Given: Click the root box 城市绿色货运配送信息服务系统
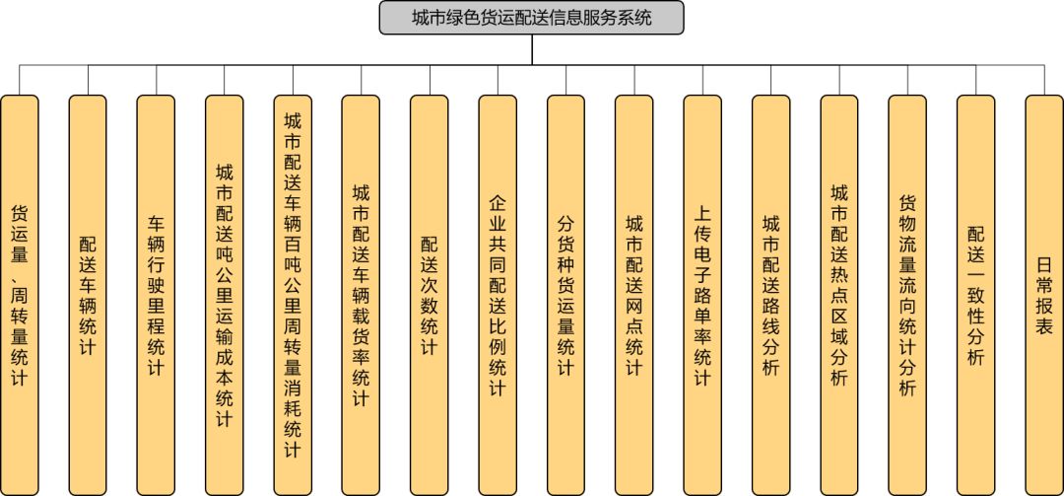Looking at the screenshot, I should click(x=531, y=18).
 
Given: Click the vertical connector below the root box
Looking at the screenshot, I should click(x=532, y=50).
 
